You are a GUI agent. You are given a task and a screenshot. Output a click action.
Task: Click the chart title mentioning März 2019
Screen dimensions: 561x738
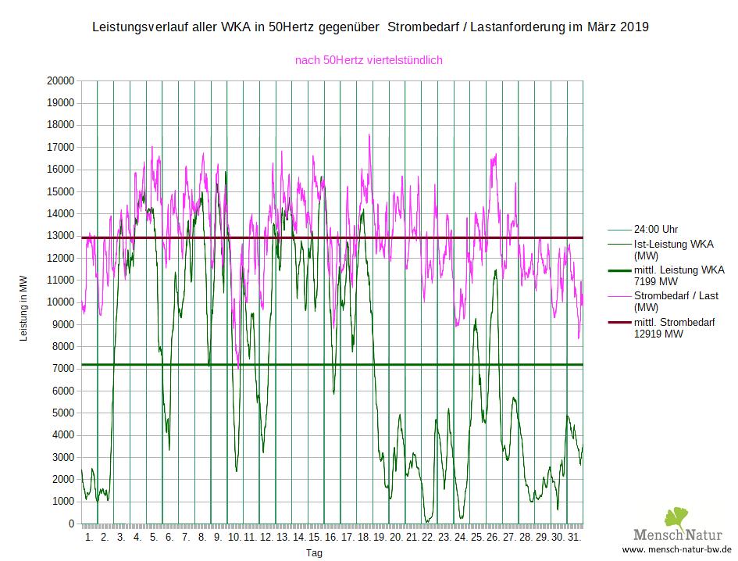pyautogui.click(x=370, y=27)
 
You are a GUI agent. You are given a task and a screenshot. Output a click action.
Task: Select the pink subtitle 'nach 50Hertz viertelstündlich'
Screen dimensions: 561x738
pyautogui.click(x=369, y=60)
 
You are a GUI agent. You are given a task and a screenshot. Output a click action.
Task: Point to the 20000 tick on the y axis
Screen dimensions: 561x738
pyautogui.click(x=60, y=80)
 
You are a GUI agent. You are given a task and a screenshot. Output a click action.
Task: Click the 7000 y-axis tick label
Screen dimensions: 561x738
pyautogui.click(x=62, y=369)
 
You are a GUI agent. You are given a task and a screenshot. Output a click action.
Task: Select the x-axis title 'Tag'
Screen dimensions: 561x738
pyautogui.click(x=314, y=552)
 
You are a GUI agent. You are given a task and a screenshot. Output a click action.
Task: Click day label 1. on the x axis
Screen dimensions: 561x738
pyautogui.click(x=88, y=538)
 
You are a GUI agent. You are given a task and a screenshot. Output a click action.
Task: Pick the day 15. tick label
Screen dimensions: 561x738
pyautogui.click(x=315, y=538)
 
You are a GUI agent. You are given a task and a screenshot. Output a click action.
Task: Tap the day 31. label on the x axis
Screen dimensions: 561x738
pyautogui.click(x=574, y=538)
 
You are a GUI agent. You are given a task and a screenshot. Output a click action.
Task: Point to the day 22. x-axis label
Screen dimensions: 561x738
pyautogui.click(x=428, y=538)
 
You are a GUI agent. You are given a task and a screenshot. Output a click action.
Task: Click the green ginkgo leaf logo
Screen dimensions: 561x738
pyautogui.click(x=676, y=519)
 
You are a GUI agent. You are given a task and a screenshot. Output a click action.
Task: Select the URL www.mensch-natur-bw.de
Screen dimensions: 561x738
pyautogui.click(x=676, y=549)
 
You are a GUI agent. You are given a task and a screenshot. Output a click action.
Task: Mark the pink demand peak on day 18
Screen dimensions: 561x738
pyautogui.click(x=369, y=135)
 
